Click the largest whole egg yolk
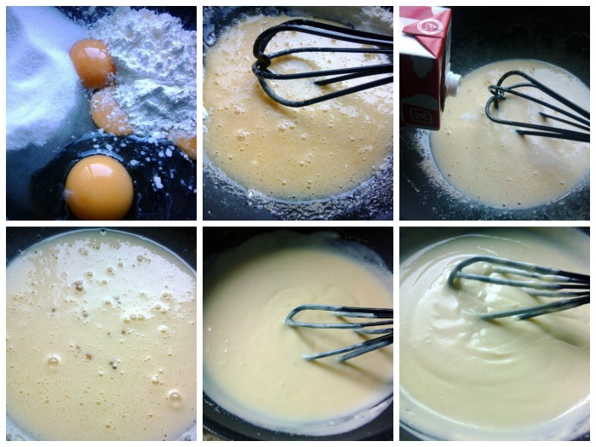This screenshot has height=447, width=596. (x=99, y=186)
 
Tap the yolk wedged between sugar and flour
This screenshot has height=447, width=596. (x=91, y=63)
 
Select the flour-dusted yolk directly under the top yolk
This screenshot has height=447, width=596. (x=110, y=113)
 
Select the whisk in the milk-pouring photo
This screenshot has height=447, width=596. (x=532, y=106)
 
